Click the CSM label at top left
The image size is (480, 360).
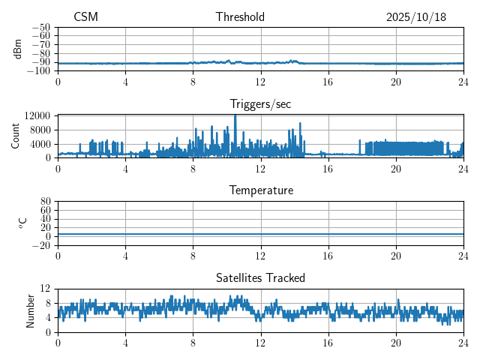click(x=85, y=17)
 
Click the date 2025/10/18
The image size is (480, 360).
click(x=416, y=17)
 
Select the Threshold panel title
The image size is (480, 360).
click(x=240, y=17)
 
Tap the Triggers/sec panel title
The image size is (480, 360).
click(x=260, y=104)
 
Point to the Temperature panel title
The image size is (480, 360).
click(x=261, y=190)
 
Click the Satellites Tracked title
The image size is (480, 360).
click(x=260, y=277)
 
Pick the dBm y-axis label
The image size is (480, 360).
click(x=17, y=48)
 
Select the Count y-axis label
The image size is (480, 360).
click(x=16, y=136)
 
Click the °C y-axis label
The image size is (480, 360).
click(x=22, y=223)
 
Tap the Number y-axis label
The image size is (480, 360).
click(x=30, y=310)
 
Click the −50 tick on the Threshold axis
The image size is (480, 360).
click(x=42, y=27)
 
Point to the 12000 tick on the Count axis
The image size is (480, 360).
click(x=37, y=116)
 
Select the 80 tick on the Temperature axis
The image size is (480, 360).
click(x=45, y=202)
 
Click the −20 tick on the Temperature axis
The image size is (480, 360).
click(x=42, y=245)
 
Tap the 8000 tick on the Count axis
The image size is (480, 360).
click(x=40, y=130)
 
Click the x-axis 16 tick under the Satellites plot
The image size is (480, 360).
click(x=328, y=343)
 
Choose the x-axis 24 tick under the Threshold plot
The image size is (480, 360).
click(x=463, y=81)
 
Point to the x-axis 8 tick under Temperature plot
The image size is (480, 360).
click(x=193, y=256)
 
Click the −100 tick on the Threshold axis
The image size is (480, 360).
click(x=40, y=71)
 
